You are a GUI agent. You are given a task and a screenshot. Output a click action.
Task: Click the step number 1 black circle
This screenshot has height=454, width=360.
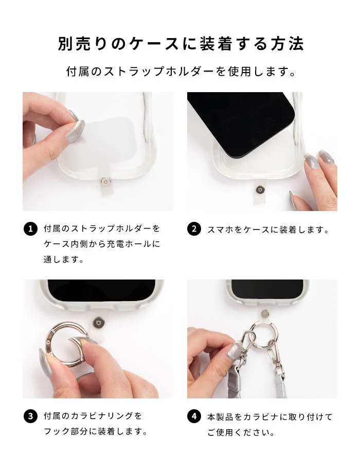pyautogui.click(x=30, y=229)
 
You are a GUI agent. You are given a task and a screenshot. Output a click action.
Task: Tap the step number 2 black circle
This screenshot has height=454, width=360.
pyautogui.click(x=194, y=229)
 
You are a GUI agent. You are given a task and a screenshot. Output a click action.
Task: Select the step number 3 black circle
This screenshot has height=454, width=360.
pyautogui.click(x=30, y=416)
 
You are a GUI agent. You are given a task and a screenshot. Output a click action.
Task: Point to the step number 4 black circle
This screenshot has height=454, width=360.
pyautogui.click(x=194, y=416)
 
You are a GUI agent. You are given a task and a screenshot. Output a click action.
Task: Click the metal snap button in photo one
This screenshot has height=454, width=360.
pyautogui.click(x=105, y=182)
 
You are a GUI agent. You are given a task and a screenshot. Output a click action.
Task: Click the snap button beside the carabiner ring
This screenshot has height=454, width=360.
pyautogui.click(x=98, y=322)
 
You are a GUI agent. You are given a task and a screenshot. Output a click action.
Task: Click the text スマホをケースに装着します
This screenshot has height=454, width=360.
pyautogui.click(x=268, y=230)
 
